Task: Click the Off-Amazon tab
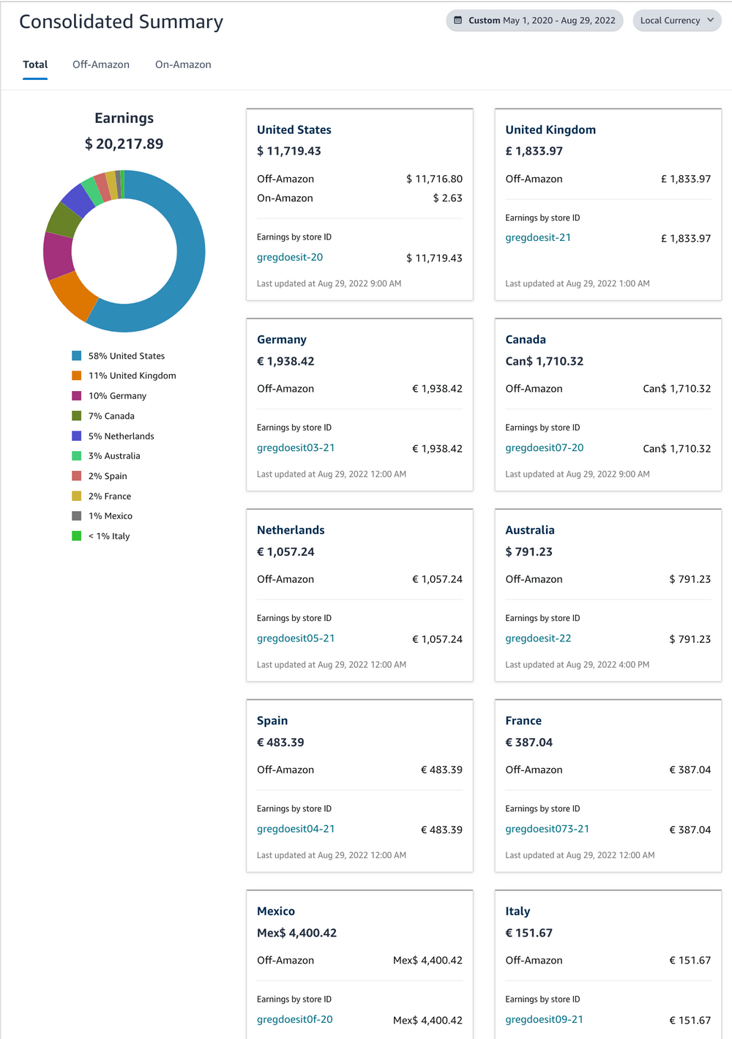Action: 101,64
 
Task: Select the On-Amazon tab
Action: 183,64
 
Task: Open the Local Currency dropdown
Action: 676,21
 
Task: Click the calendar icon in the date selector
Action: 458,21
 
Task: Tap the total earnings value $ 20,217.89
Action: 124,144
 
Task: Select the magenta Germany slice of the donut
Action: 57,255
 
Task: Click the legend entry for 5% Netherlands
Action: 121,436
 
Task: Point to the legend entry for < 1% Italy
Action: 109,536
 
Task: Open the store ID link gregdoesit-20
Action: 290,257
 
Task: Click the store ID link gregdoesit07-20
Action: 544,447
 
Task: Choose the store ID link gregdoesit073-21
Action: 547,829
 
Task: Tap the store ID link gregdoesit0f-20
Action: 294,1019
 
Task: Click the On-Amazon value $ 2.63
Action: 447,198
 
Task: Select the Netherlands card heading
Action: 291,530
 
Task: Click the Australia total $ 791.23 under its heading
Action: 529,551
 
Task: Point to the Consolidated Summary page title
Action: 121,22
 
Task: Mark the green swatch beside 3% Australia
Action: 76,455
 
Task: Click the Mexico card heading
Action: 276,911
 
